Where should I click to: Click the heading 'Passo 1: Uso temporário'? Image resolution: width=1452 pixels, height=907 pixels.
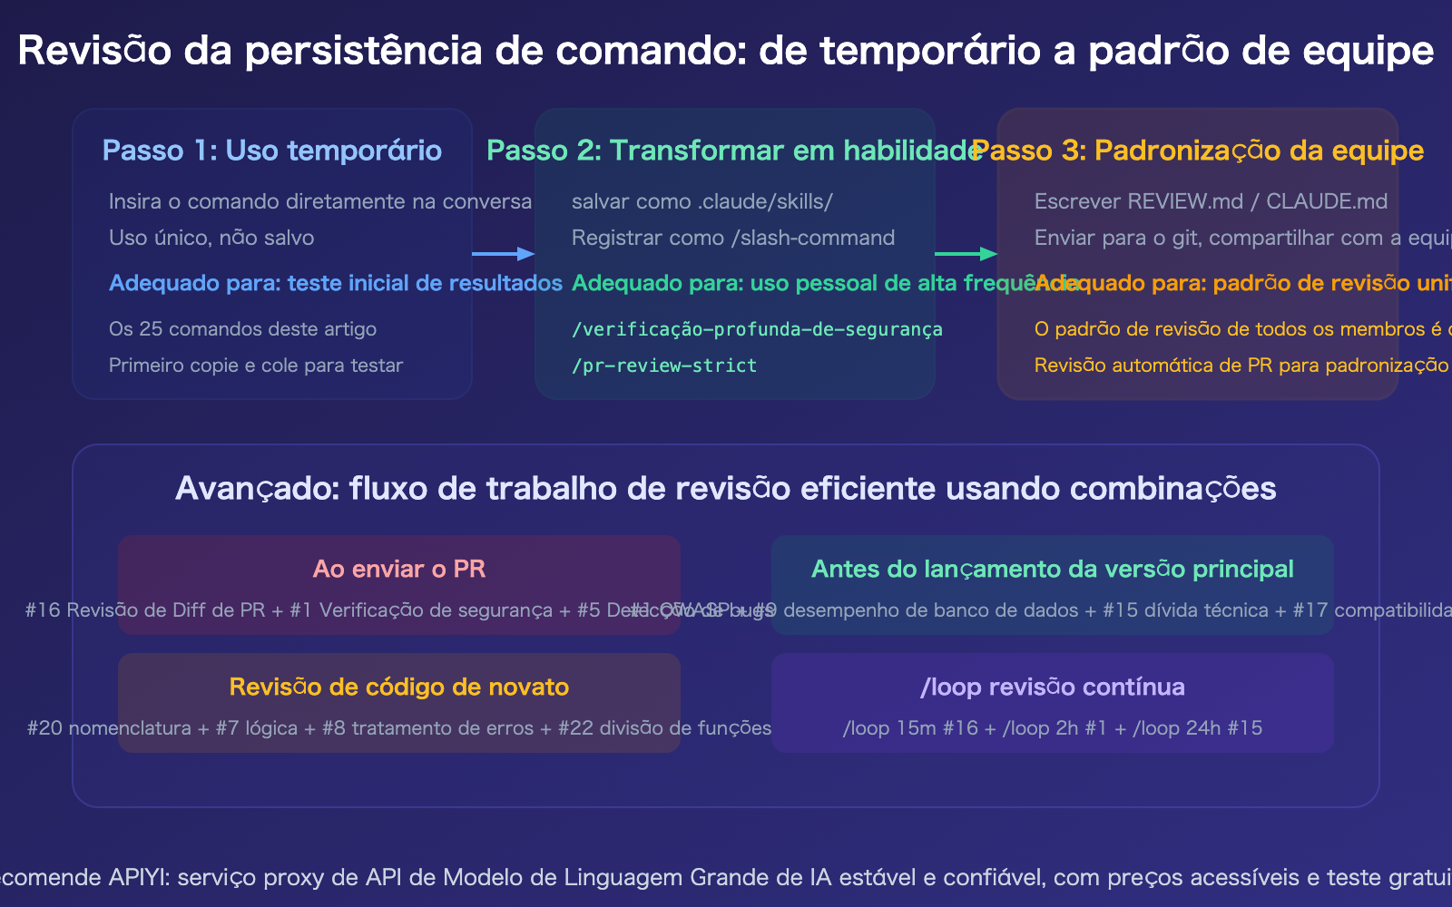point(272,151)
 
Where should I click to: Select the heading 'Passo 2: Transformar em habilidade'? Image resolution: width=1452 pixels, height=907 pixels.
point(733,151)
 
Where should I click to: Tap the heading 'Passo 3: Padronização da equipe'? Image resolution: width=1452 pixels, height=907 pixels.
point(1198,151)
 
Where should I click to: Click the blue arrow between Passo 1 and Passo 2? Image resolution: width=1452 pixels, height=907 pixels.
point(503,254)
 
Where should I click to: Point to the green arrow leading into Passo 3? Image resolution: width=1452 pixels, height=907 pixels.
point(966,254)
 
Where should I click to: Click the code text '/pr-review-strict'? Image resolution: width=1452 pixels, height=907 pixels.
point(664,366)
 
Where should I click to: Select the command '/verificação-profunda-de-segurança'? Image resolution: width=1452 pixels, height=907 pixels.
point(757,329)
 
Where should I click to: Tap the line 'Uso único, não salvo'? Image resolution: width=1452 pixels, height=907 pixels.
point(211,238)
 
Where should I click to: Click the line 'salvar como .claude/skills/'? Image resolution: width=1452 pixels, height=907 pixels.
point(702,201)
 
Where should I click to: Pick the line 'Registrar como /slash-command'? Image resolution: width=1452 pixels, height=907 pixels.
point(733,238)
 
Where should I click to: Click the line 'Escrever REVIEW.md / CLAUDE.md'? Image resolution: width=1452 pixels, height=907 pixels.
point(1211,201)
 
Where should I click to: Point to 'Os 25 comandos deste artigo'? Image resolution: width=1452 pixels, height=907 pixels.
point(242,329)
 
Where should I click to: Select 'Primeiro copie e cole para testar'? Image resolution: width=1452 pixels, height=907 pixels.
point(256,366)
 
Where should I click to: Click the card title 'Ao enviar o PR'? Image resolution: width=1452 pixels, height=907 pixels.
point(399,569)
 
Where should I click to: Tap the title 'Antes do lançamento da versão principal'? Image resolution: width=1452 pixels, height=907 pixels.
point(1053,569)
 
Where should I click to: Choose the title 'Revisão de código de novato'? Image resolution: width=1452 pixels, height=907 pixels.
point(399,687)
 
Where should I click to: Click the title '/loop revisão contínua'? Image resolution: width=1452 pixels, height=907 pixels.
point(1053,687)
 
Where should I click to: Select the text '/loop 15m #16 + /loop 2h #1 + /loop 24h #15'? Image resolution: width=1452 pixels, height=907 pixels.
point(1053,728)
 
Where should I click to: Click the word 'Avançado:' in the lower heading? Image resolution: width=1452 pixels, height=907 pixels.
point(257,489)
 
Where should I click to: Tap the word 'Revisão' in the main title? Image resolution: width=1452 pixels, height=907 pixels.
point(94,51)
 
